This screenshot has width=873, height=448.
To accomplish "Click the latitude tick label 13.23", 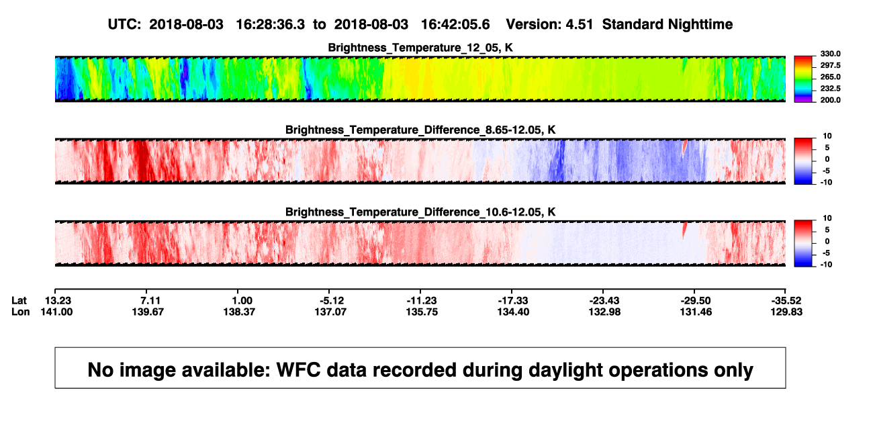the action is coord(58,301).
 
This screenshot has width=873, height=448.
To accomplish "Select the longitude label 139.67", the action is coord(148,312).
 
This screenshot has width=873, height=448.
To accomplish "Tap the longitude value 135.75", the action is coord(422,312).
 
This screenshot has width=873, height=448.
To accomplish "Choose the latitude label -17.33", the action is coord(513,301).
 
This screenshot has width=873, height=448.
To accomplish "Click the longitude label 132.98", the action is coord(604,312).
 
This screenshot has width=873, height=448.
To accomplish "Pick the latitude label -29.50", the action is coord(696,301).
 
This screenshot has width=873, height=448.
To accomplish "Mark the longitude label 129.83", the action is coord(786,312).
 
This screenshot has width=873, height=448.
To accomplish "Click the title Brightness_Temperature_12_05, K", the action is coord(420,48).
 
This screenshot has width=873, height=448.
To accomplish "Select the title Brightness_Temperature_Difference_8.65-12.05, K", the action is coord(420,130).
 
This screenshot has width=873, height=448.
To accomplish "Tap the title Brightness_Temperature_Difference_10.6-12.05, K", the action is coord(420,212).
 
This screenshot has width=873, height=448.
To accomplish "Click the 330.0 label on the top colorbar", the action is coord(830,54).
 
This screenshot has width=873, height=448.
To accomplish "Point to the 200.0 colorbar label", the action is coord(830,100).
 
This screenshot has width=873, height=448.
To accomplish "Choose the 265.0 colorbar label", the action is coord(830,77).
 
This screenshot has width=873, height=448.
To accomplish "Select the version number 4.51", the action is coord(579,25).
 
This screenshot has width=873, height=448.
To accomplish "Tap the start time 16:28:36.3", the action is coord(271,25).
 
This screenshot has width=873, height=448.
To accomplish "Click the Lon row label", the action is coord(21,312).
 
